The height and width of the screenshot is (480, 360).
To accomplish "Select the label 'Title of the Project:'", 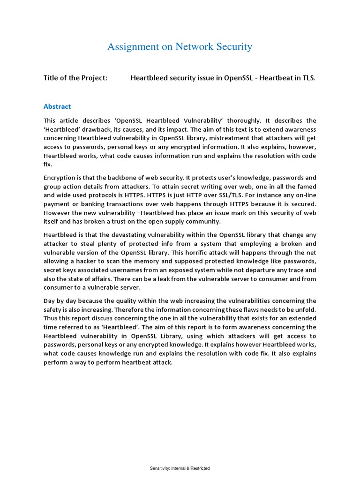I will pos(75,78).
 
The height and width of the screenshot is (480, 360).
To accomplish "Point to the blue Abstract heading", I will pos(57,106).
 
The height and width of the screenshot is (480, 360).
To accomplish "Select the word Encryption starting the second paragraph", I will pos(60,178).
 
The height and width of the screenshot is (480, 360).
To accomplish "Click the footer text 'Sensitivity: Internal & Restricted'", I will pos(180,468).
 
